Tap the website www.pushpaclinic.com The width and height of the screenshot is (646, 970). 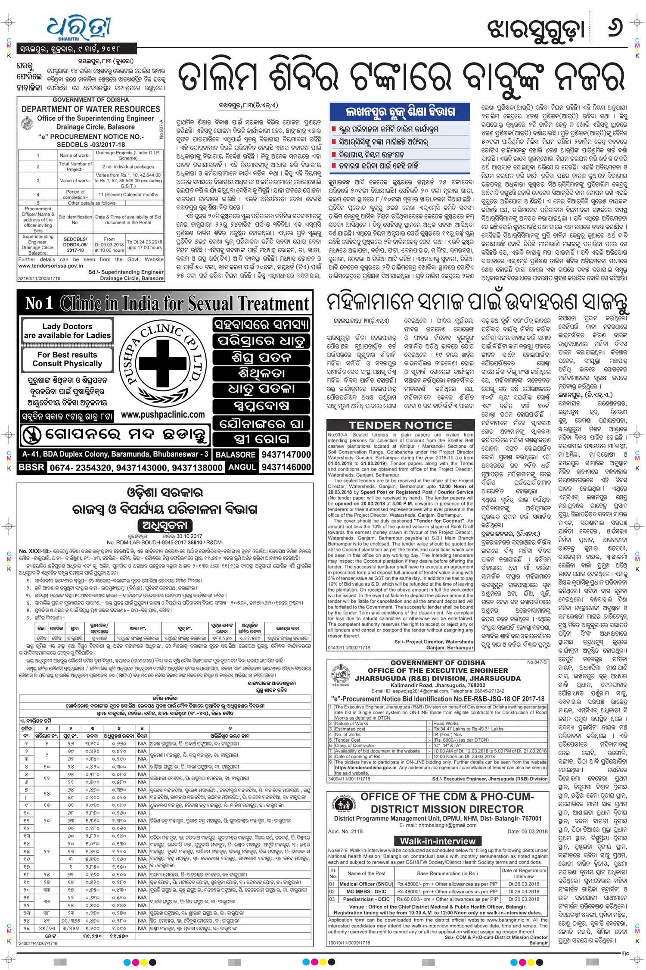(x=163, y=415)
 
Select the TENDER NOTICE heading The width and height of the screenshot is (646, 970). (x=400, y=425)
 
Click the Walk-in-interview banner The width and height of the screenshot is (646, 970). (x=438, y=841)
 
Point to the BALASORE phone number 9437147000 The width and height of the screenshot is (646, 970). (x=286, y=454)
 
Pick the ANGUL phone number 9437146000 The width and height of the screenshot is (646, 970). (x=286, y=467)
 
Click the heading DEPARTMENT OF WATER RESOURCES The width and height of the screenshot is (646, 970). (x=91, y=109)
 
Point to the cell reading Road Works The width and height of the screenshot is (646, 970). (x=446, y=724)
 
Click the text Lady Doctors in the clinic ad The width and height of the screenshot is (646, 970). (x=67, y=326)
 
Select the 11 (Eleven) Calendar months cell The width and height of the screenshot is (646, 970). (x=128, y=194)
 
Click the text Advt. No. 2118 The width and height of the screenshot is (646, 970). (x=345, y=831)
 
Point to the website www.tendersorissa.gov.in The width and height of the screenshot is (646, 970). (x=51, y=266)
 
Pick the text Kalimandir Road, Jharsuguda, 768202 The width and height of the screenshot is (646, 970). (x=438, y=685)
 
